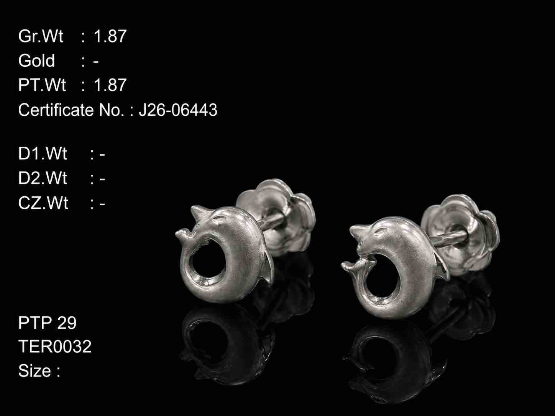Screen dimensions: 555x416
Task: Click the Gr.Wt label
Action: pos(41,36)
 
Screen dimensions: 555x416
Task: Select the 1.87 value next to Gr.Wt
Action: pos(110,36)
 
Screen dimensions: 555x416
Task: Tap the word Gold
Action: pos(36,61)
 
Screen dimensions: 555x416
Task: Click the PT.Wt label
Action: pos(42,85)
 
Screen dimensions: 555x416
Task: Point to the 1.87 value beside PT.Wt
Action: pos(110,85)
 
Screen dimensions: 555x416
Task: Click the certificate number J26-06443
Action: pos(178,110)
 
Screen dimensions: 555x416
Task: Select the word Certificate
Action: pos(56,110)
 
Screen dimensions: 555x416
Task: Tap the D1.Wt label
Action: pos(43,154)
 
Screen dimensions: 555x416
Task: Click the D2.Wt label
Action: pos(43,179)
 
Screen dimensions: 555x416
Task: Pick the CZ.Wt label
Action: pos(43,203)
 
